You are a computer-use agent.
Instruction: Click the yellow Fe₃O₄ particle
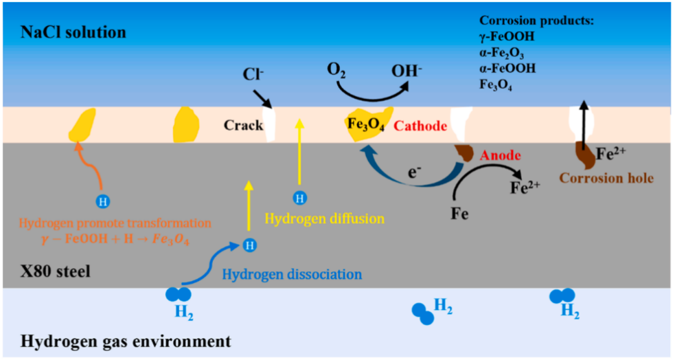369,124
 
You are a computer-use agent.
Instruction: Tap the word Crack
243,126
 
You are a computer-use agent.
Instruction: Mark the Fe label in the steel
459,214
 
